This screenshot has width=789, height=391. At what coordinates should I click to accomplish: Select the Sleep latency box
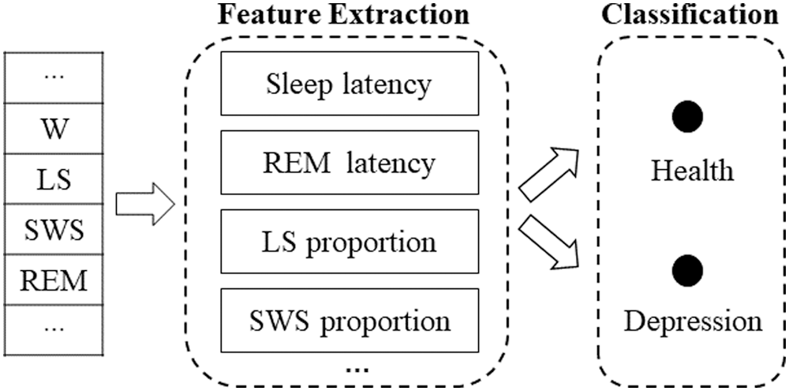click(349, 84)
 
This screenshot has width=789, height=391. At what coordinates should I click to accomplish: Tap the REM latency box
click(349, 163)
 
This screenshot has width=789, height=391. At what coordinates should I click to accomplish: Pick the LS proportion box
click(349, 242)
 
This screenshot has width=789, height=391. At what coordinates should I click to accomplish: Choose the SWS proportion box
click(349, 321)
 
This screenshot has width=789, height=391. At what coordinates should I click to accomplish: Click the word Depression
click(691, 321)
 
